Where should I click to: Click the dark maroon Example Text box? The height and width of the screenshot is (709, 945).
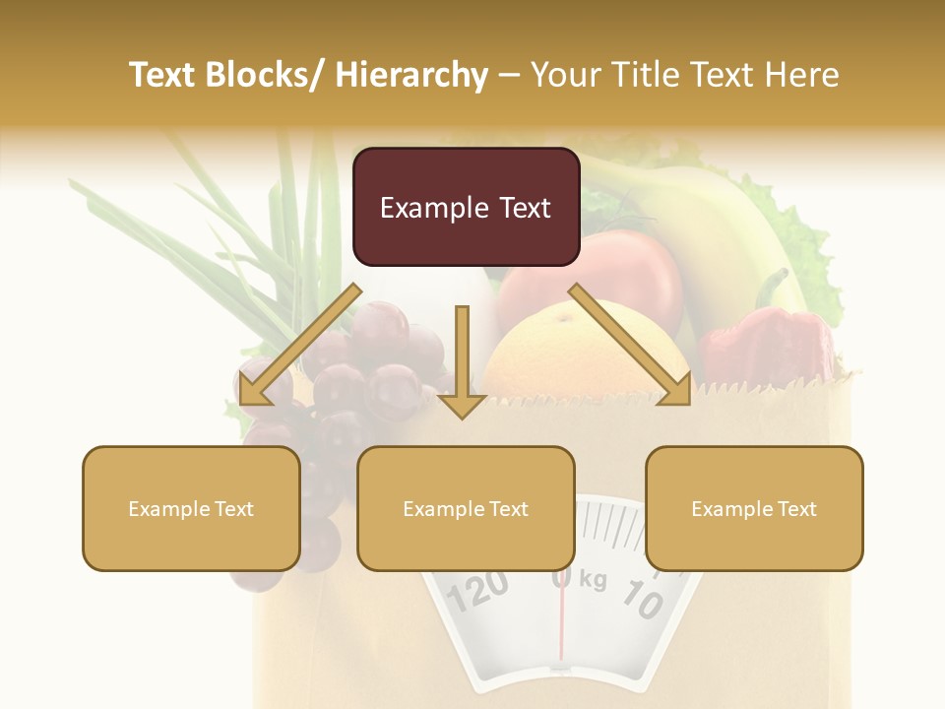tap(466, 208)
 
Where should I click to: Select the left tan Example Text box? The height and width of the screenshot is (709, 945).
tap(191, 509)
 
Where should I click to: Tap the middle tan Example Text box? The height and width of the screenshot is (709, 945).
tap(466, 509)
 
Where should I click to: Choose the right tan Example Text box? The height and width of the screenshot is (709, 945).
tap(754, 509)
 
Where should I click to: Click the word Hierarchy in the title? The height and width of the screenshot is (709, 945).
tap(411, 75)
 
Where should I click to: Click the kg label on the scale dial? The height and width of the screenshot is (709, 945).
tap(593, 580)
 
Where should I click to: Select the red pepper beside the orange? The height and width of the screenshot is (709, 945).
tap(763, 345)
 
